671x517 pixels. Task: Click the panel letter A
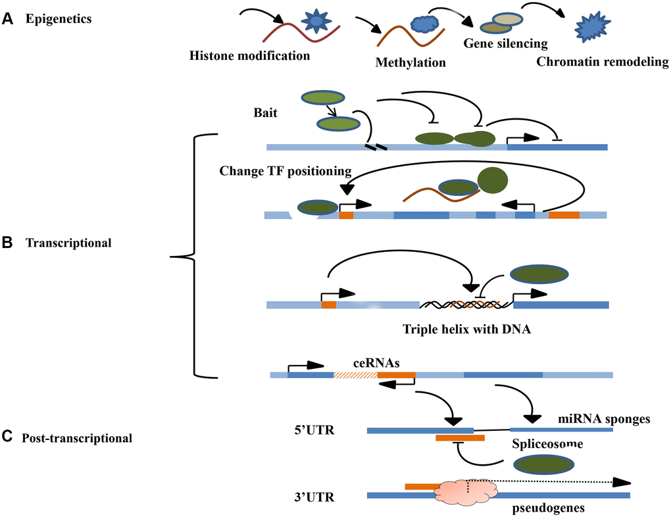(x=7, y=19)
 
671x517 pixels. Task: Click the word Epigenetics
(x=59, y=19)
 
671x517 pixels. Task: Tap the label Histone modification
(x=249, y=56)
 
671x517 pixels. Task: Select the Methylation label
(x=410, y=63)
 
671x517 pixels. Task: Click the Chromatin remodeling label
(x=602, y=63)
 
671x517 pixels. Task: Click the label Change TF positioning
(x=284, y=171)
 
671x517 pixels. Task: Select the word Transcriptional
(x=68, y=243)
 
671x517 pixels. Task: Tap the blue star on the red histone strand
(x=316, y=21)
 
